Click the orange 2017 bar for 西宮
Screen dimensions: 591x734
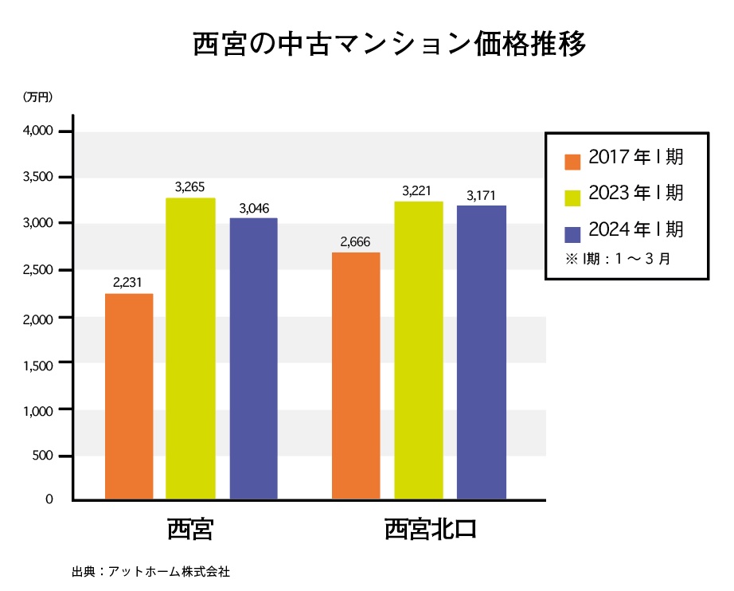(x=129, y=397)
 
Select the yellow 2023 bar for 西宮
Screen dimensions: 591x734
(x=190, y=349)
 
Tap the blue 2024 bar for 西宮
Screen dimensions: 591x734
(x=253, y=358)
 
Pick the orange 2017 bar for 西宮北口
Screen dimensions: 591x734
(x=356, y=376)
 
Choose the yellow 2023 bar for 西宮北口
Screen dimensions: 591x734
(x=418, y=350)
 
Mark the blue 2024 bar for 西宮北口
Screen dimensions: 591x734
(x=482, y=353)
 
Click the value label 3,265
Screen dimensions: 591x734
(x=189, y=187)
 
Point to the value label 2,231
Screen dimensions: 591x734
(x=128, y=282)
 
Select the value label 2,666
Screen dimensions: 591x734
(x=355, y=242)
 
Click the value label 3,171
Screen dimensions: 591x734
(x=481, y=195)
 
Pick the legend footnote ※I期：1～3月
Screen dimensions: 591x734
(x=617, y=259)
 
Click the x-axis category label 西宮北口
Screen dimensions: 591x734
(x=430, y=530)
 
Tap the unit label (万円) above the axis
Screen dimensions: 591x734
(x=37, y=97)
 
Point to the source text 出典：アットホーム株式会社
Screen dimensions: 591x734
(x=150, y=571)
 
